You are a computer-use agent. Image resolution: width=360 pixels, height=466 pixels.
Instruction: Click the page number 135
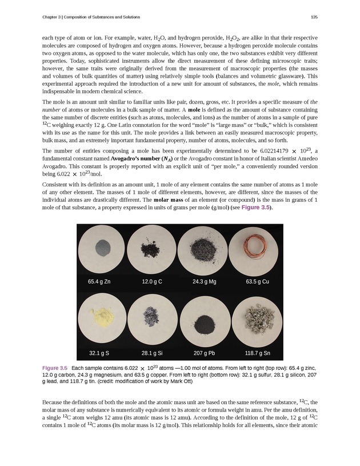[x=314, y=16]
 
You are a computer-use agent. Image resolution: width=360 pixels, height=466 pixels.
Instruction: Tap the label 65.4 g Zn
[x=100, y=281]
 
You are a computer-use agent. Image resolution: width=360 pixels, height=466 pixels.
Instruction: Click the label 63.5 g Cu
[x=257, y=281]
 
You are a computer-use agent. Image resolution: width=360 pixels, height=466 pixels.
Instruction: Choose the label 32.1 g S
[x=99, y=352]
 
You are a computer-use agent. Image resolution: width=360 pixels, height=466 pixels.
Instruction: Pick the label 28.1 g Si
[x=151, y=352]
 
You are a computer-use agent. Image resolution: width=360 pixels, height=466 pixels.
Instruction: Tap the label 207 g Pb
[x=205, y=352]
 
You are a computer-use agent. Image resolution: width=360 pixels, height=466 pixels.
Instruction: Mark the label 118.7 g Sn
[x=257, y=352]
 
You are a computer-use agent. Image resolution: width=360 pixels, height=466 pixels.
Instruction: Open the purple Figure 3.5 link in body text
[x=254, y=207]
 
